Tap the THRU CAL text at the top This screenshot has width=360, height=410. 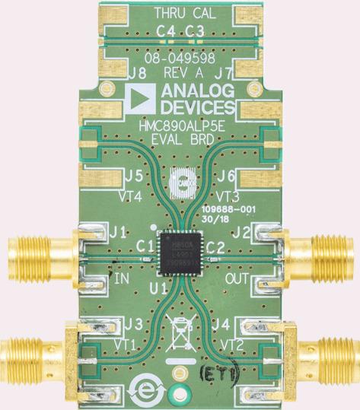[180, 13]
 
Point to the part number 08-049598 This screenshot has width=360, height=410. [180, 58]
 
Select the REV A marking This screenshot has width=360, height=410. [180, 72]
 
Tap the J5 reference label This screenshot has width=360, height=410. [134, 175]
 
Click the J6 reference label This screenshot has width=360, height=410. [225, 175]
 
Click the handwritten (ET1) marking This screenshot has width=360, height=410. [219, 373]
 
